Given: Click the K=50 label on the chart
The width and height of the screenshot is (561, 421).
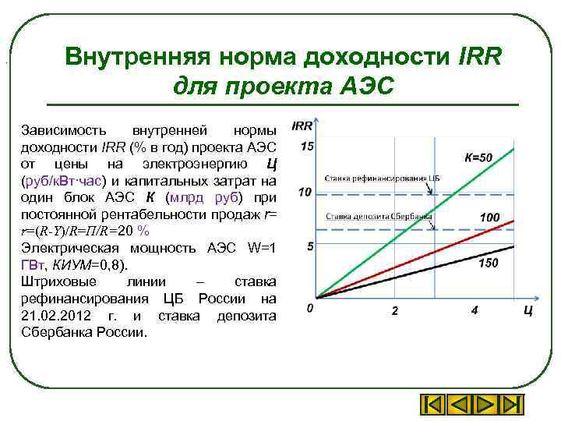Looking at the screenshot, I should (478, 158).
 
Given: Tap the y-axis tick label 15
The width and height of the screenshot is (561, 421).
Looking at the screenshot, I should (307, 147).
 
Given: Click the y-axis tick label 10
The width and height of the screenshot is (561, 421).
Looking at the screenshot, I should (305, 192).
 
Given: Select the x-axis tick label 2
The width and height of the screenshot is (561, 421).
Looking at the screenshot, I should (394, 311).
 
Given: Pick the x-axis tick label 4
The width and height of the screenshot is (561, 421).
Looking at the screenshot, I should (475, 311).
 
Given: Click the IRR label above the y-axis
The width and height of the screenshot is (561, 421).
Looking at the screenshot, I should (302, 126).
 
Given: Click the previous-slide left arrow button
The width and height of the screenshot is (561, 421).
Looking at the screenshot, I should (459, 405).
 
